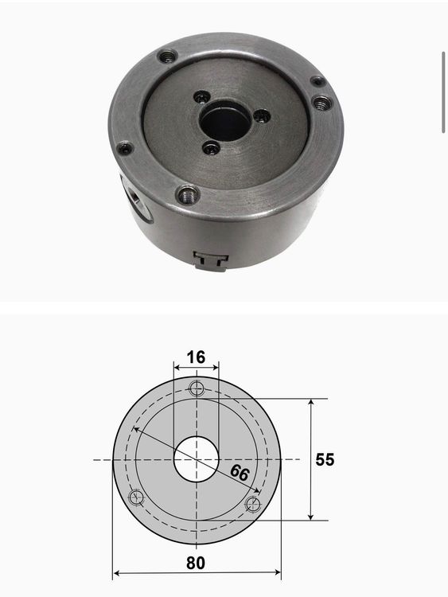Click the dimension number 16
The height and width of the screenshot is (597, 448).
tap(196, 357)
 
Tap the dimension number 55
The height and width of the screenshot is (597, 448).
tap(325, 459)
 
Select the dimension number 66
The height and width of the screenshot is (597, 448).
tap(240, 473)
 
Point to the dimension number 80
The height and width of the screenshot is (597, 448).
tap(196, 563)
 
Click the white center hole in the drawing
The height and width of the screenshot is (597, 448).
tap(197, 459)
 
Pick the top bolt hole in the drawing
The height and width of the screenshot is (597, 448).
tap(197, 388)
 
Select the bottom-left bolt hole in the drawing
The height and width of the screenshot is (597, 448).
tap(135, 497)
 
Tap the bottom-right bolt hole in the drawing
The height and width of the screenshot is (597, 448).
tap(253, 504)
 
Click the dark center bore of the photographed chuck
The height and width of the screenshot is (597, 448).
tap(225, 120)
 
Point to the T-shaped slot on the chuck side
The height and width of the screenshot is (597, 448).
tap(211, 260)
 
